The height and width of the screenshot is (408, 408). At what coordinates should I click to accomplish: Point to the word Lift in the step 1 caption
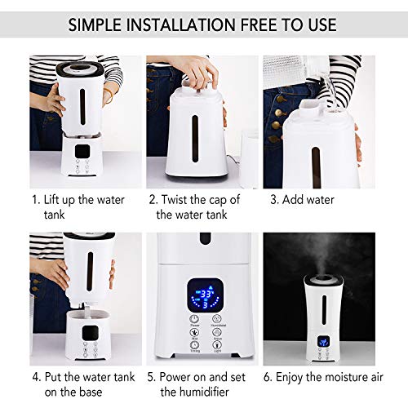click(57, 199)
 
